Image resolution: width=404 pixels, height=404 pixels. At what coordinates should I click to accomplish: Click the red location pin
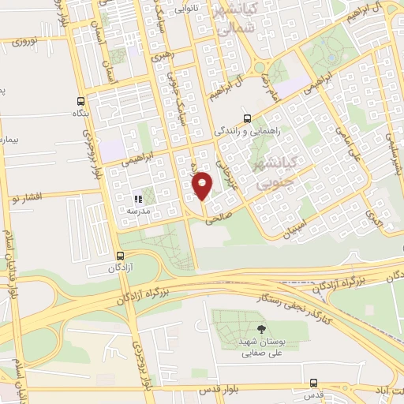203,185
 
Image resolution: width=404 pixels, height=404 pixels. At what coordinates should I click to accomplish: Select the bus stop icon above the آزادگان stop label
120,256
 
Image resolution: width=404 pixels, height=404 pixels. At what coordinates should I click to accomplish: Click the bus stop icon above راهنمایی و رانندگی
245,116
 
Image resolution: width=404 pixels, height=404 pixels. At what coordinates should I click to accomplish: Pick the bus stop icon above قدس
314,383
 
